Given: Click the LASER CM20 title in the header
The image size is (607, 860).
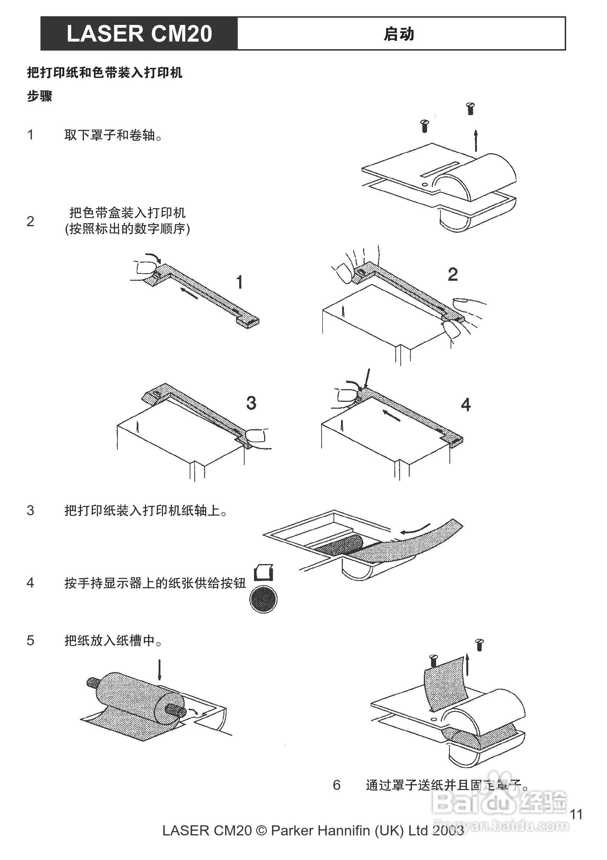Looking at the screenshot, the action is pyautogui.click(x=139, y=34).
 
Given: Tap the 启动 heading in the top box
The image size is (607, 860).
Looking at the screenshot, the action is pyautogui.click(x=399, y=34).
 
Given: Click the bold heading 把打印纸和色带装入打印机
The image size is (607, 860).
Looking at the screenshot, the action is pyautogui.click(x=105, y=72).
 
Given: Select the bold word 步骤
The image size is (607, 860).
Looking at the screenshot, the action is pyautogui.click(x=40, y=96).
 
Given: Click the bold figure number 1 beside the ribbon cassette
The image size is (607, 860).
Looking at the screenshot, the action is pyautogui.click(x=240, y=282).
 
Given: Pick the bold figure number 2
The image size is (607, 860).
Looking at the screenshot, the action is pyautogui.click(x=453, y=275).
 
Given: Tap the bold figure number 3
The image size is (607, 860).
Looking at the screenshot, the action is pyautogui.click(x=251, y=403).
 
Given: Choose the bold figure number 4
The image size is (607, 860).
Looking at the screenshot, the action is pyautogui.click(x=465, y=405).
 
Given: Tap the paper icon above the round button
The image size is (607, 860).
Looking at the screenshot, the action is pyautogui.click(x=264, y=572).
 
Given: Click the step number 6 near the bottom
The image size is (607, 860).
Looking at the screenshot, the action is pyautogui.click(x=337, y=785).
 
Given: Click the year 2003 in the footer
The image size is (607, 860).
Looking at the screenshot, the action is pyautogui.click(x=448, y=831).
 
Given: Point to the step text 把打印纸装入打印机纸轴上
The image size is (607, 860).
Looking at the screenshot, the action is pyautogui.click(x=146, y=510).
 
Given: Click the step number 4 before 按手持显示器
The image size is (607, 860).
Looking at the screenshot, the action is pyautogui.click(x=30, y=583).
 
